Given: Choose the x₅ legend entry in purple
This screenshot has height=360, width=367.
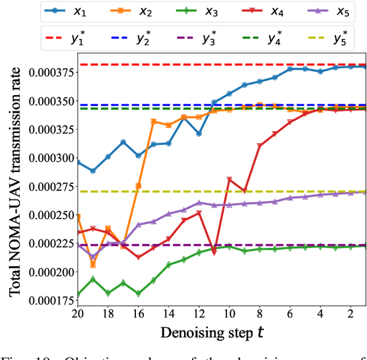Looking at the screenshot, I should [x=332, y=11].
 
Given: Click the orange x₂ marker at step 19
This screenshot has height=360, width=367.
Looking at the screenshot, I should [x=93, y=264].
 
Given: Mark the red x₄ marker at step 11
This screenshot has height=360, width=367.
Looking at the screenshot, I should [x=213, y=252].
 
